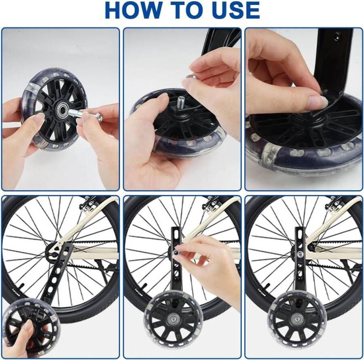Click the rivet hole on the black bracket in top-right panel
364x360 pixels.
[336, 36]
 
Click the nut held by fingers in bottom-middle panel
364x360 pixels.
[178, 252]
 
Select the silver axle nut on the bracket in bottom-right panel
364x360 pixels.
[300, 254]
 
